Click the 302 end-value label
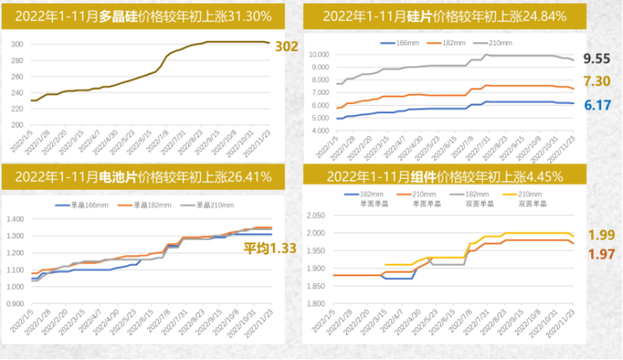click(287, 47)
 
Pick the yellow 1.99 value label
click(600, 236)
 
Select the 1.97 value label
click(600, 254)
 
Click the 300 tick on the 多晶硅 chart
click(16, 44)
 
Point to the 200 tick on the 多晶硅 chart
click(16, 125)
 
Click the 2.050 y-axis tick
click(319, 215)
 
